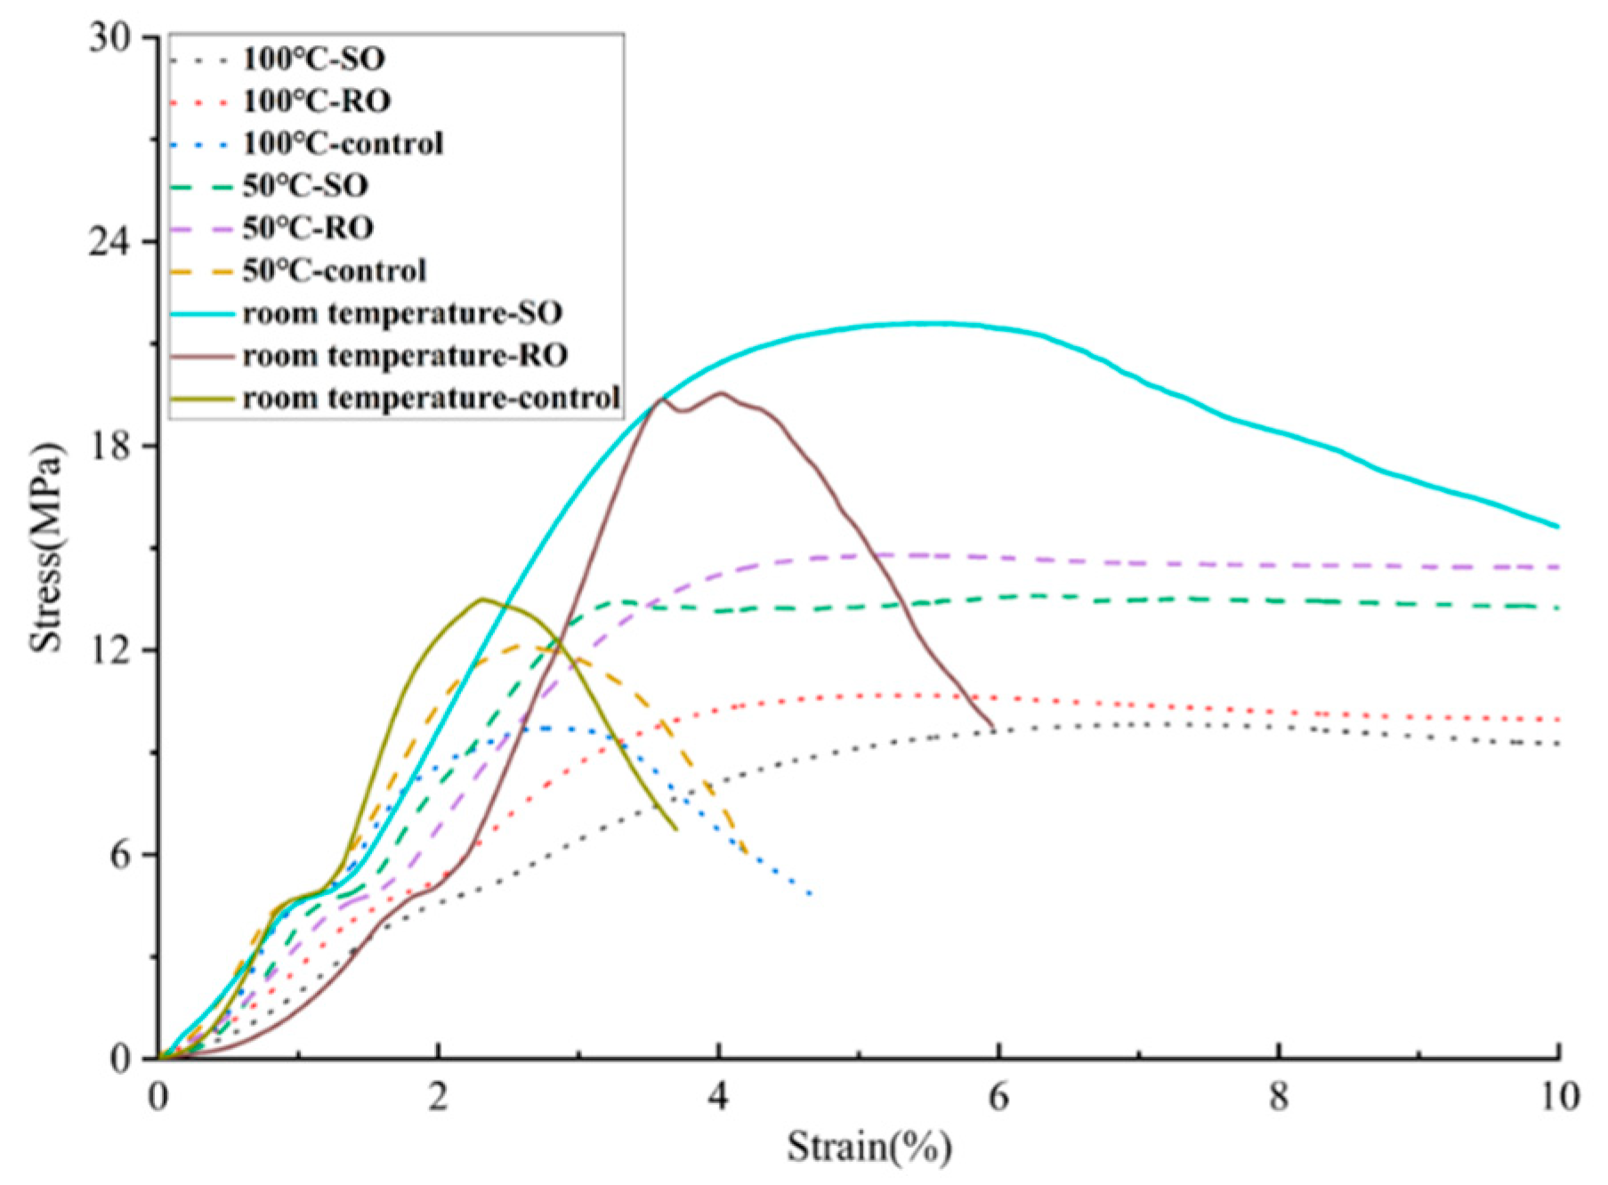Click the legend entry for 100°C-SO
click(x=313, y=60)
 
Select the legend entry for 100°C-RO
click(x=316, y=101)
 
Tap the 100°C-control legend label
click(x=343, y=143)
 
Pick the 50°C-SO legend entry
click(x=305, y=186)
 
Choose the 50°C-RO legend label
click(x=308, y=228)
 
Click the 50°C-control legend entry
click(x=335, y=270)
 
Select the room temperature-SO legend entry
click(x=402, y=313)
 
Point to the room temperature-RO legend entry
click(x=405, y=356)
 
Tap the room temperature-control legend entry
click(x=431, y=398)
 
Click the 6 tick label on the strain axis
click(x=998, y=1096)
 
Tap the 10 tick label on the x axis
click(x=1557, y=1096)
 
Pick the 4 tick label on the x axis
click(x=718, y=1096)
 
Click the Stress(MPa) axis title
click(x=48, y=547)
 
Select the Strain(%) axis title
click(x=869, y=1147)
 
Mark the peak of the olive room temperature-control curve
click(x=481, y=599)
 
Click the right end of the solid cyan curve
click(x=1558, y=527)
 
